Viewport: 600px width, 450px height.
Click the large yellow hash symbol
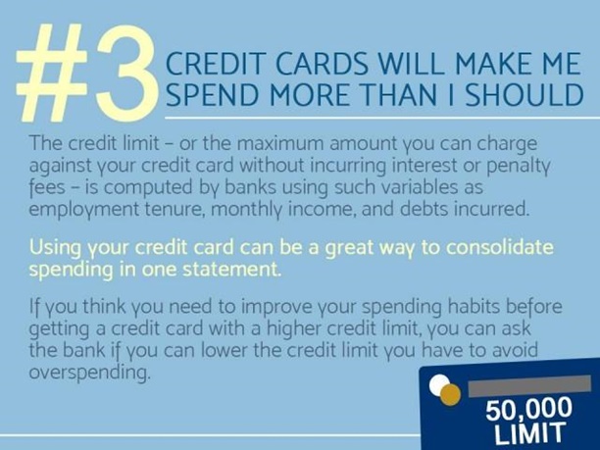click(x=52, y=73)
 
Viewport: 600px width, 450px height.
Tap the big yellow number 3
click(x=125, y=74)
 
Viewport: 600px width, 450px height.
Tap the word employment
click(x=84, y=210)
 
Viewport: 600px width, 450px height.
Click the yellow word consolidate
click(x=500, y=247)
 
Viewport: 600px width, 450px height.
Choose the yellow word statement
click(x=231, y=270)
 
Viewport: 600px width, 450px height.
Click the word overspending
click(x=89, y=373)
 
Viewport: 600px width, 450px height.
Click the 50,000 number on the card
click(x=529, y=409)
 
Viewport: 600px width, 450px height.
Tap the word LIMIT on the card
click(x=529, y=432)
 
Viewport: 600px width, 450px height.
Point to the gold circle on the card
click(x=450, y=394)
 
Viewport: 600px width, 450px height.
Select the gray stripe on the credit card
click(x=530, y=385)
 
